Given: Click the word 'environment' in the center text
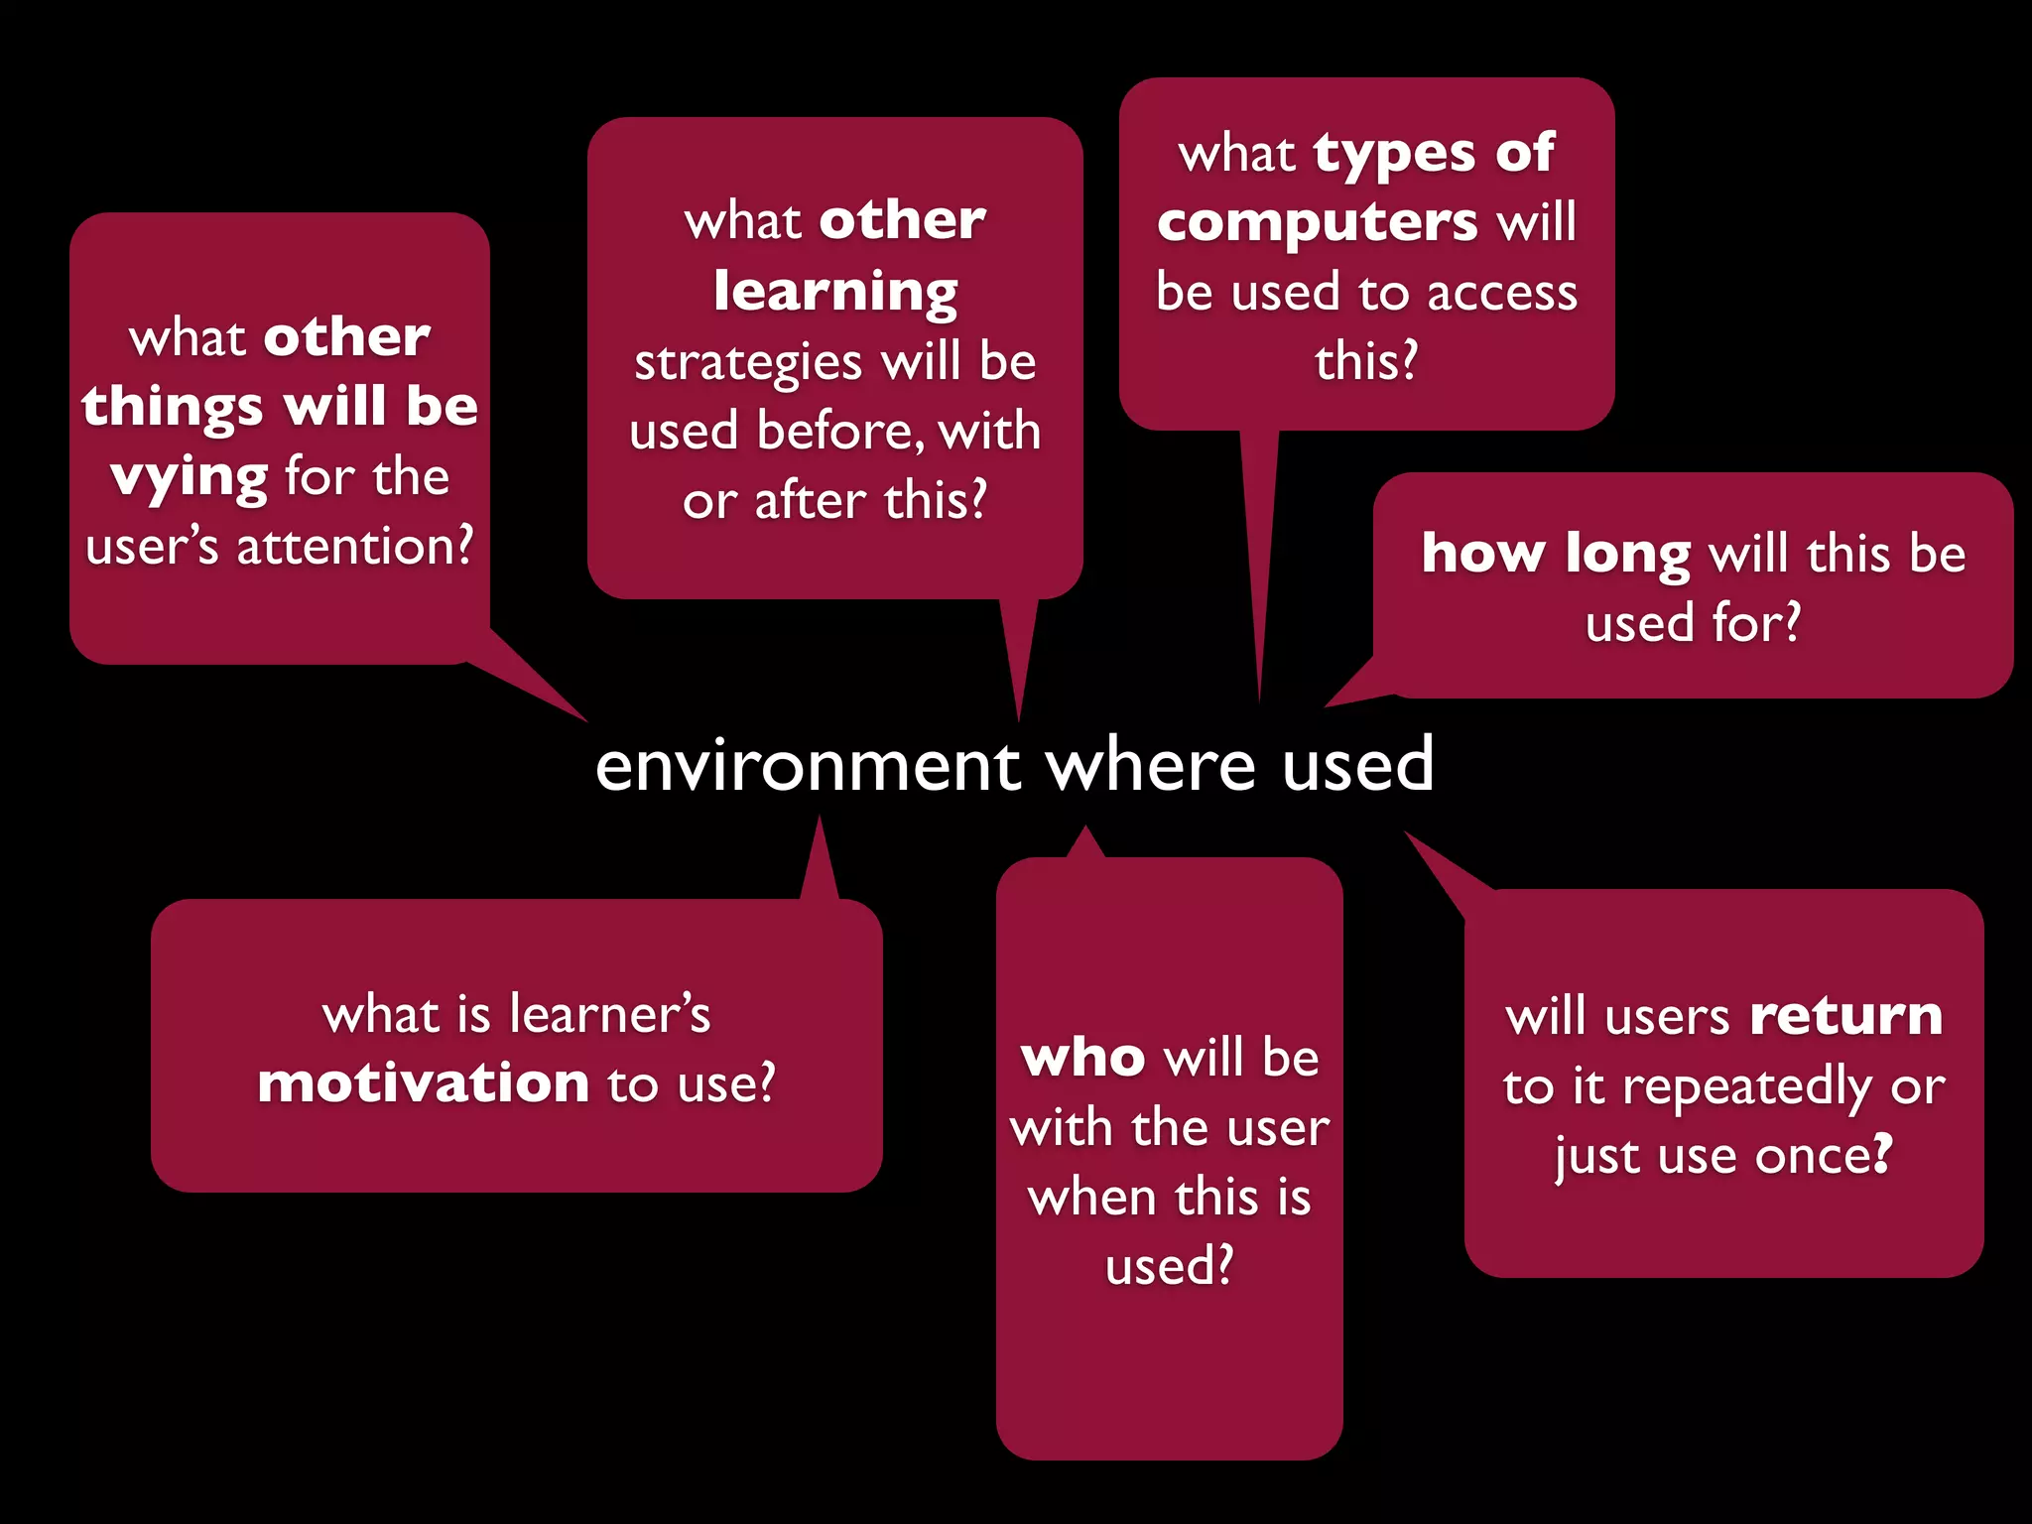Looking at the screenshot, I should [x=808, y=765].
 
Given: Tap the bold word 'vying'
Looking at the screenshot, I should [x=189, y=478].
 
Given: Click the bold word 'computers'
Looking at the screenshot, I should [x=1318, y=222].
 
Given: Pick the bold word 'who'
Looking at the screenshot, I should [x=1082, y=1058].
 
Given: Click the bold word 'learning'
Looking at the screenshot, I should [x=835, y=292].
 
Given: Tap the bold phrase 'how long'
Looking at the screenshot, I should [x=1555, y=554].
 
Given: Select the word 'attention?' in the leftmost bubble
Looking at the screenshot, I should [x=355, y=547].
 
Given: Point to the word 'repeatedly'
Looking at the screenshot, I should [x=1748, y=1087].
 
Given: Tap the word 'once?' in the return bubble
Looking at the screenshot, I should [x=1824, y=1156].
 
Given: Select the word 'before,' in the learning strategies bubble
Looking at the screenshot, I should [x=839, y=432].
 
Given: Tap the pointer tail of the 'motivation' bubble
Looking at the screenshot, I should [x=820, y=863].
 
